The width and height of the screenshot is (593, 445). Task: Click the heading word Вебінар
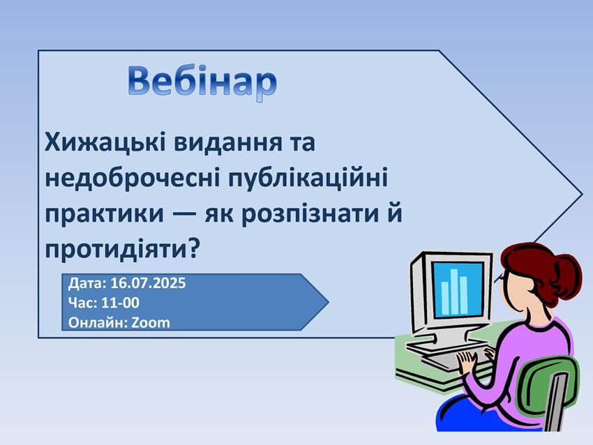[x=202, y=82]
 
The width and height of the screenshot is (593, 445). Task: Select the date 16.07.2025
[x=148, y=282]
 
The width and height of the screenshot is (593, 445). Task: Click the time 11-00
[x=120, y=303]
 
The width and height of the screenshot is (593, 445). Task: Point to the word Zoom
[x=151, y=323]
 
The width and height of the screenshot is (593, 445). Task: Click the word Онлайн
[x=98, y=323]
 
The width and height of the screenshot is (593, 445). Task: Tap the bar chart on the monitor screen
[x=454, y=292]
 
